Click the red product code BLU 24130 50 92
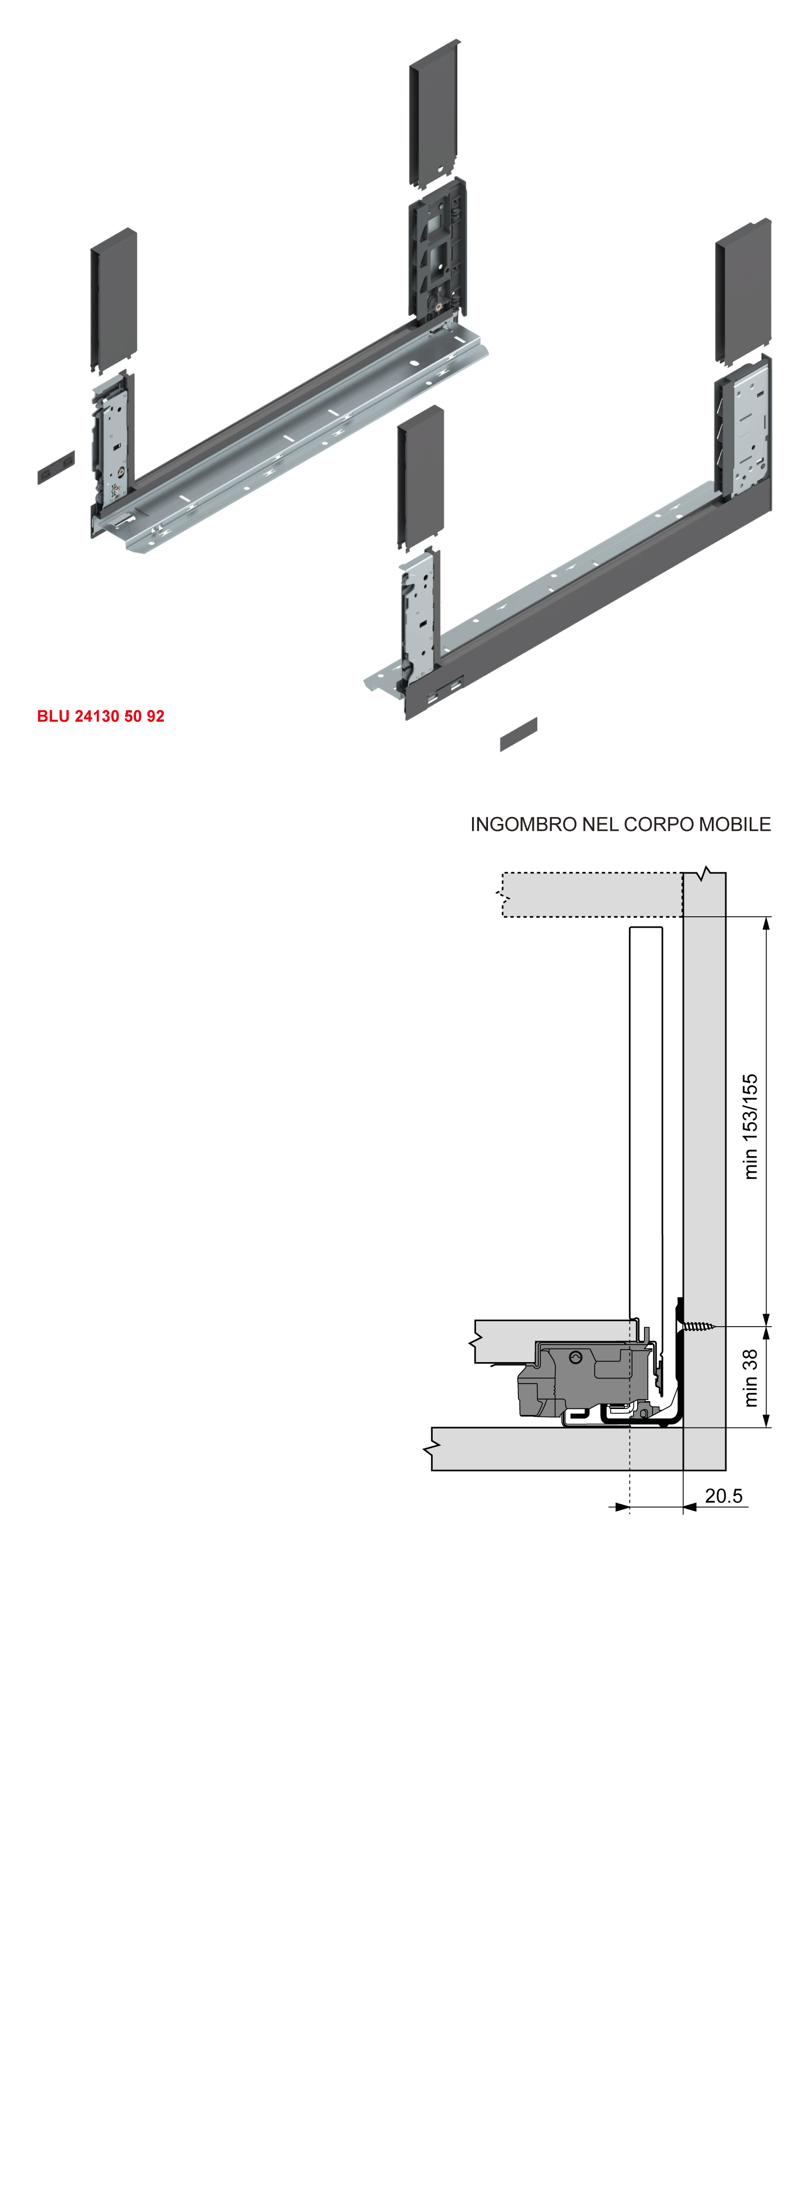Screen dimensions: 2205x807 [x=100, y=716]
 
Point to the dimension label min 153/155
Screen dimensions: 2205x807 [x=750, y=1127]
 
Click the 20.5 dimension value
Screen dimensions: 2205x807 [x=723, y=1495]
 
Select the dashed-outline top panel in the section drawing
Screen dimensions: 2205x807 [x=591, y=894]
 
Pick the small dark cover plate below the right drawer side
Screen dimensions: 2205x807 [x=518, y=735]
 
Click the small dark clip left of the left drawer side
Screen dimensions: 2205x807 [x=56, y=467]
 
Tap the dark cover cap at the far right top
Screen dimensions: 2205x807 [x=743, y=291]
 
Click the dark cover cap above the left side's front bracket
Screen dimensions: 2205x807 [x=114, y=300]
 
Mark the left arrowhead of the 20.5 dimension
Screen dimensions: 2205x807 [x=622, y=1507]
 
